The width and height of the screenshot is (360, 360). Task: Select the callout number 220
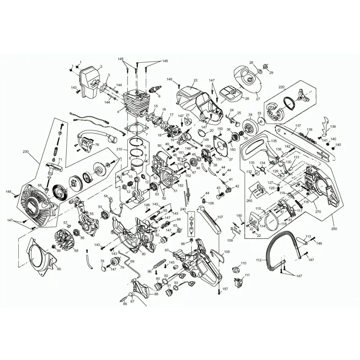282,87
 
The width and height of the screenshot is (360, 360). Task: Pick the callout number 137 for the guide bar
298,126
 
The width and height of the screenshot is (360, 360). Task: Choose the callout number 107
220,217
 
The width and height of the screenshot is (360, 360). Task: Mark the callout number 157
225,289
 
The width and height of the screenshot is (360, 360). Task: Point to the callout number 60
59,269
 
